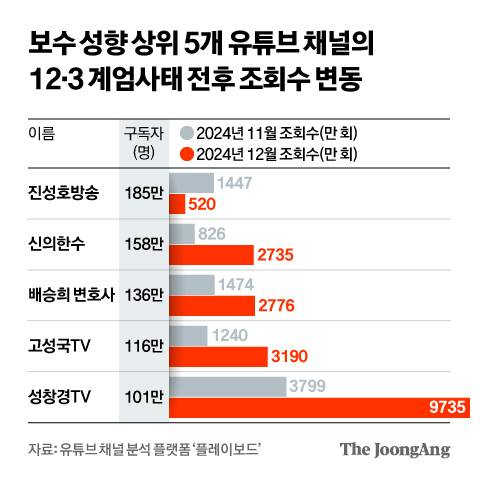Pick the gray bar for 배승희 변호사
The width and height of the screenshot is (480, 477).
pos(191,285)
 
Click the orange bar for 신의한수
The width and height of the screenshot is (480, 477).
pos(210,254)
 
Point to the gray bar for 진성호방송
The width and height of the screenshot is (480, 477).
pos(191,183)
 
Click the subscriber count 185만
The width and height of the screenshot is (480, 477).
pos(143,193)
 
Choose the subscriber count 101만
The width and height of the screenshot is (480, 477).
pos(143,396)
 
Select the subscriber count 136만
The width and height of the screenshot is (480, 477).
pos(143,294)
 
